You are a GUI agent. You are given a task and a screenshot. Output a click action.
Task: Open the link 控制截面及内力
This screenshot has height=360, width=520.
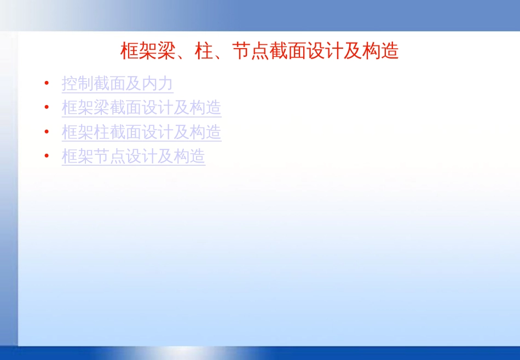(x=117, y=84)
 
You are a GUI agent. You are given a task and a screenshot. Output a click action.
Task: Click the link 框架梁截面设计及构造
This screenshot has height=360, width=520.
(x=142, y=108)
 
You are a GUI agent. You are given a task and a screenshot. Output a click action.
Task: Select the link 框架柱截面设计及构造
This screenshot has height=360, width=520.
(x=142, y=132)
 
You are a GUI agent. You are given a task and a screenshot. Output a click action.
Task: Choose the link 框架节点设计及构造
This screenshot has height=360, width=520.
(x=134, y=156)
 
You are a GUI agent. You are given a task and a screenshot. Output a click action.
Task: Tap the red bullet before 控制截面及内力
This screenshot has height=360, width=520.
(x=47, y=83)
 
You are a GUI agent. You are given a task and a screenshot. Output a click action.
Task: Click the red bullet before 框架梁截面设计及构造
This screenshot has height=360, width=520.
(x=47, y=107)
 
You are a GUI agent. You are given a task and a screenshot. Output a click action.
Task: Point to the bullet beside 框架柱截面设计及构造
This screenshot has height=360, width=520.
(x=47, y=132)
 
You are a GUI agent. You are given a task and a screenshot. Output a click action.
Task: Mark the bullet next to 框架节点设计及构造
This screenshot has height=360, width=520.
(x=47, y=155)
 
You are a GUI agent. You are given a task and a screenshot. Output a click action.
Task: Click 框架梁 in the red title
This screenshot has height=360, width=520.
(x=148, y=51)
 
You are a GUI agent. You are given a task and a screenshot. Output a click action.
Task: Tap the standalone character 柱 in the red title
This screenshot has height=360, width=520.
(x=204, y=51)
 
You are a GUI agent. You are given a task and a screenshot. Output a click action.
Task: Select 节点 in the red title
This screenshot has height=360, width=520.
(x=250, y=51)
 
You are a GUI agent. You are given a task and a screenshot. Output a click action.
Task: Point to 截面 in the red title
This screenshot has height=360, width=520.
(x=287, y=51)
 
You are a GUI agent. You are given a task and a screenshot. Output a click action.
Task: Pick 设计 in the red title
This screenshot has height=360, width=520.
(x=325, y=51)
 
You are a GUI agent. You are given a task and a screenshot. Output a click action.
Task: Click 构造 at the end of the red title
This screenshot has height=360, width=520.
(x=380, y=51)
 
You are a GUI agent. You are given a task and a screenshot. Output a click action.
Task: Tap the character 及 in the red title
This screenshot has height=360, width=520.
(x=353, y=51)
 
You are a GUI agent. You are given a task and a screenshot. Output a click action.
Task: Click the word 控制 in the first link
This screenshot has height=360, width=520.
(x=78, y=84)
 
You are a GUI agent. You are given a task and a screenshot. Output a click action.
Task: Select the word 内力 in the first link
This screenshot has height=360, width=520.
(x=158, y=84)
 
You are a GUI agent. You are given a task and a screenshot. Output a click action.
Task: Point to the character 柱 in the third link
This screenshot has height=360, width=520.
(x=102, y=132)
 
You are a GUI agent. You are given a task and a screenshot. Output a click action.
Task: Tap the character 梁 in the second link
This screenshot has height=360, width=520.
(x=102, y=108)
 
